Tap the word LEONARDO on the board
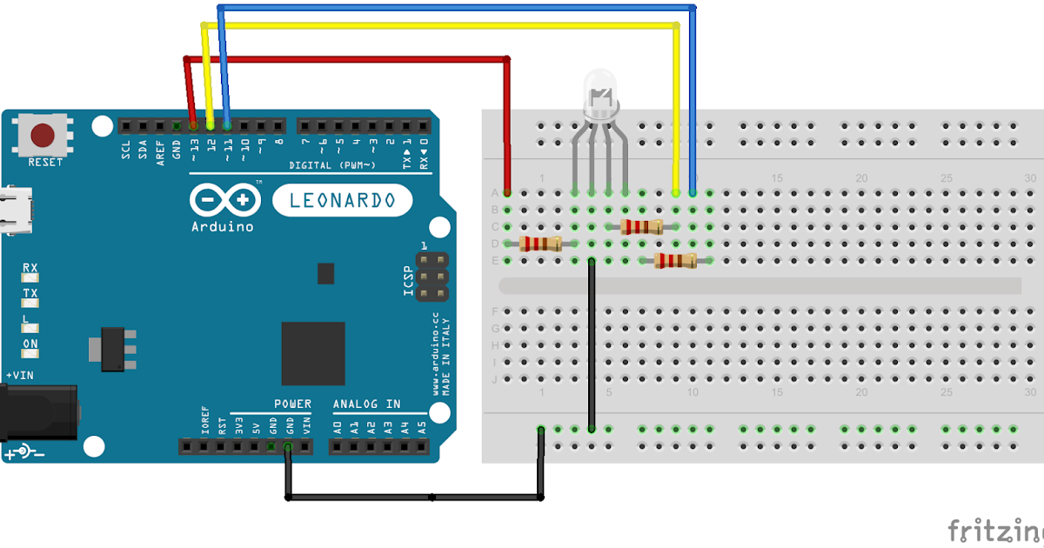[x=341, y=201]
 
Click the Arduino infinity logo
[x=223, y=202]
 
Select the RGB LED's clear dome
[x=599, y=91]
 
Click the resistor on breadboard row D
[x=540, y=244]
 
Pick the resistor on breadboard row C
[x=642, y=227]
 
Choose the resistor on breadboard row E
[x=675, y=261]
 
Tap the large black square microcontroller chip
[x=312, y=353]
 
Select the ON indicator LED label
[x=30, y=344]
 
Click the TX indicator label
[x=30, y=294]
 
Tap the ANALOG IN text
[x=366, y=404]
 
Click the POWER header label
[x=292, y=404]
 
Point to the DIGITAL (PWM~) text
[x=332, y=165]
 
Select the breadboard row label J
[x=495, y=379]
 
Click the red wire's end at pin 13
[x=193, y=125]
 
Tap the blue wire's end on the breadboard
[x=693, y=192]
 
